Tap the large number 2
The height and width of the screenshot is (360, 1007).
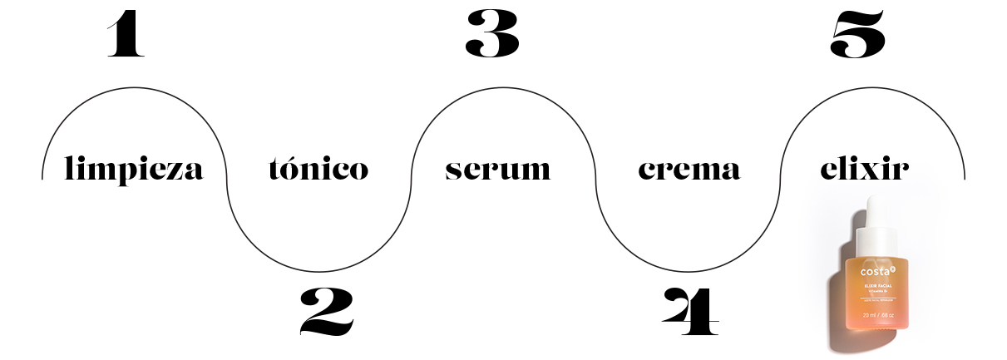[x=327, y=311]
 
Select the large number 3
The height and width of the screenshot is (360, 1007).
[x=492, y=35]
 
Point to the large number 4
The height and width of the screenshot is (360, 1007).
[x=689, y=311]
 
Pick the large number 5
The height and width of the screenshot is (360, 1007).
[x=858, y=35]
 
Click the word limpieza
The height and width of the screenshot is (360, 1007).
[x=134, y=170]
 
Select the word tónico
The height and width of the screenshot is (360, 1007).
[x=318, y=169]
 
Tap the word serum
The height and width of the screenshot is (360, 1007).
[x=497, y=170]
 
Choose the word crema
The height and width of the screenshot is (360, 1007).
[x=689, y=170]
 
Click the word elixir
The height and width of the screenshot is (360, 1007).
[x=864, y=169]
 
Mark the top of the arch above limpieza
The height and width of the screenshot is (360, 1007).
[x=134, y=87]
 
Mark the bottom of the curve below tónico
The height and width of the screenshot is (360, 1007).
[x=318, y=270]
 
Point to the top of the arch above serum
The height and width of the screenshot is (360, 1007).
[x=503, y=87]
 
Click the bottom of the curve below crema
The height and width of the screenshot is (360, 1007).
[x=688, y=270]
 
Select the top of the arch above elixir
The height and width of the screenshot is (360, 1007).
[x=872, y=87]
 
